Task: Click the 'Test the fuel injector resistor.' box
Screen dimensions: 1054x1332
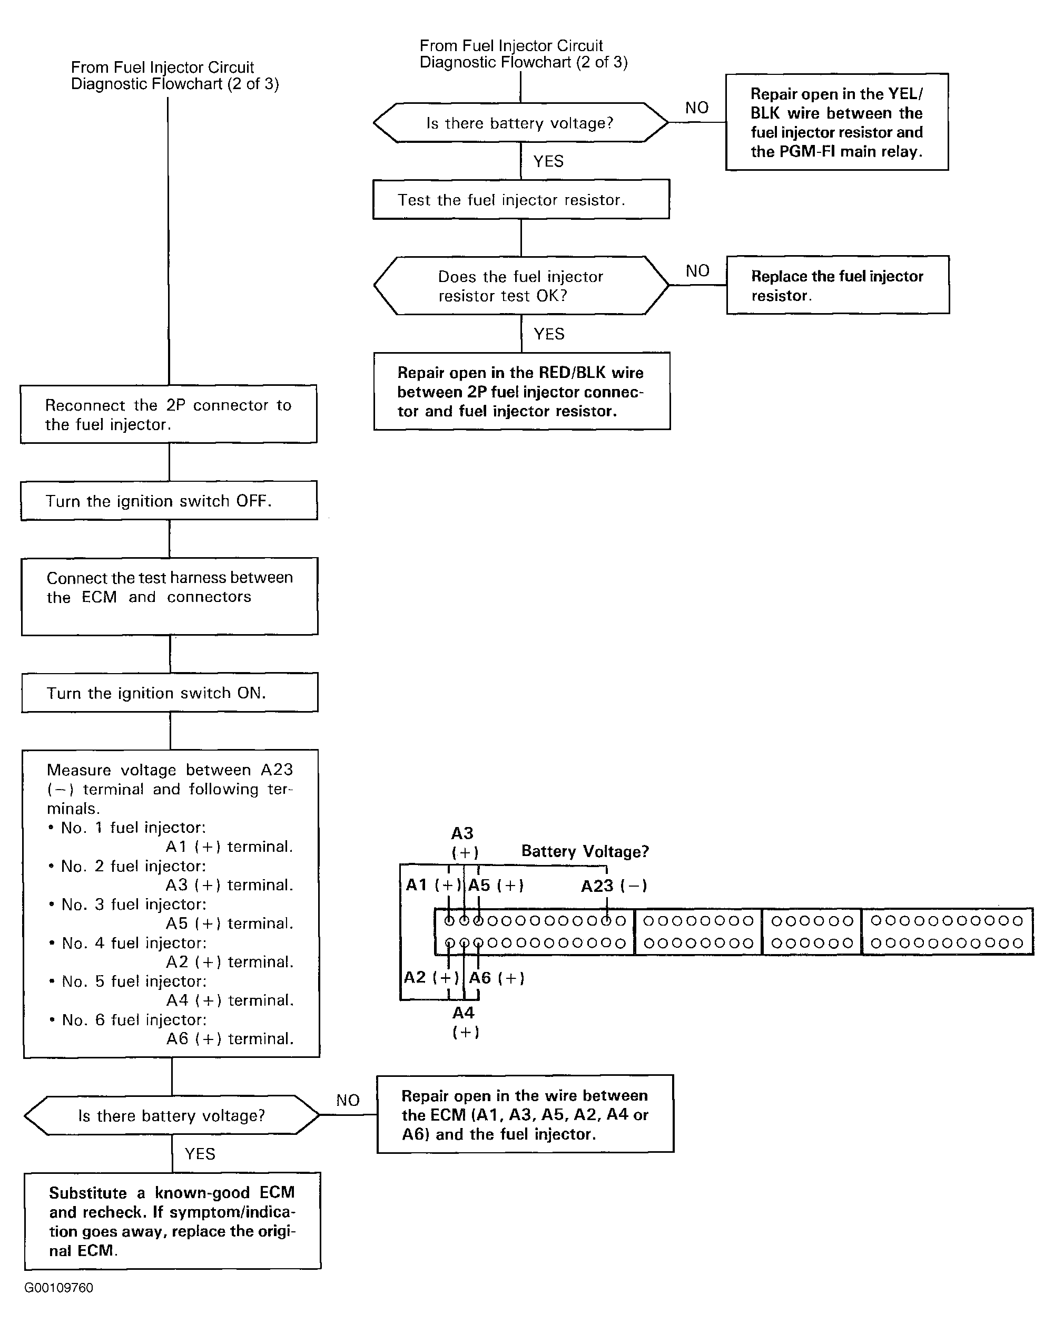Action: (521, 199)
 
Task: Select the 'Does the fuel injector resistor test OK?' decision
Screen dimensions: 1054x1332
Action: (521, 285)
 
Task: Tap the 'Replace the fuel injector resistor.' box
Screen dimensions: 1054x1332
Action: (838, 285)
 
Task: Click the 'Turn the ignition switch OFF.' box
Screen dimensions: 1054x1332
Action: (169, 500)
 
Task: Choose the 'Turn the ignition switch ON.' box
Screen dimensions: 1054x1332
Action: (170, 692)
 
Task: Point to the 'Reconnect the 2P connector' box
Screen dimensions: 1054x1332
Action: (169, 414)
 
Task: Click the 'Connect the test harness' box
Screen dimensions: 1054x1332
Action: (170, 596)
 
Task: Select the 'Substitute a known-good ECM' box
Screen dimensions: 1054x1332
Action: (173, 1221)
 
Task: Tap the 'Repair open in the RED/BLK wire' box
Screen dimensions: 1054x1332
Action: (521, 391)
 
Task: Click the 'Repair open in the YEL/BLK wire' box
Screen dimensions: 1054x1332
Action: (837, 122)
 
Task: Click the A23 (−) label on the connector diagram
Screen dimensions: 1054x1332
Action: (614, 886)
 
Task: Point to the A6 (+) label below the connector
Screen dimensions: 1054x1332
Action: (497, 978)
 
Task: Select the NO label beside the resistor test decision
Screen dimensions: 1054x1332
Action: (697, 270)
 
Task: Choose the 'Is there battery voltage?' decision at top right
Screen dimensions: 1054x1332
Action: (520, 122)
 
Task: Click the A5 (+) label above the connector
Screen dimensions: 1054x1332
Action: (496, 885)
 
